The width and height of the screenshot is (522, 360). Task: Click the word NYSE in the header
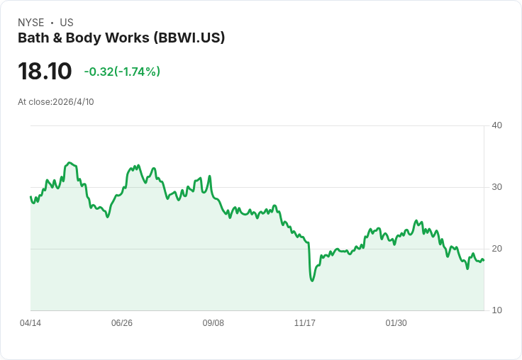(31, 23)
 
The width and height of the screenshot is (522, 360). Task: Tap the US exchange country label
(67, 23)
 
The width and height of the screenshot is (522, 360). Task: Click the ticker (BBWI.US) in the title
(189, 38)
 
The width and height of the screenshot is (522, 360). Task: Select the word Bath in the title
(33, 38)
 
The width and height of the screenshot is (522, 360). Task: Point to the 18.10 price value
(45, 71)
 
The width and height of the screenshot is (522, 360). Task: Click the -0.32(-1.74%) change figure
(122, 72)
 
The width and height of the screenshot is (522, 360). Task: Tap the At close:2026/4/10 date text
(56, 102)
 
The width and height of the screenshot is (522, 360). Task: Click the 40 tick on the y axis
(496, 125)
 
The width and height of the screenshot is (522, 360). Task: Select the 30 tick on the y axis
(496, 187)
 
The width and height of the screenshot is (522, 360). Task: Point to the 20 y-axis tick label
(496, 249)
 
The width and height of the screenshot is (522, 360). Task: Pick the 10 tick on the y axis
(496, 310)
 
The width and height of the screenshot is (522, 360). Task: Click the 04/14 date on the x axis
(30, 322)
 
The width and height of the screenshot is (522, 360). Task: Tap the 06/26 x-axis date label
(122, 322)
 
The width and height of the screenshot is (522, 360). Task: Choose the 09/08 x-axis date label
(213, 322)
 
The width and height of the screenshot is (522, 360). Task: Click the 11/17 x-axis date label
(304, 322)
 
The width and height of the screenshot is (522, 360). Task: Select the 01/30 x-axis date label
(396, 322)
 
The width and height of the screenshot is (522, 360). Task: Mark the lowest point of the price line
(312, 281)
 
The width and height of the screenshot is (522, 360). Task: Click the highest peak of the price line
(70, 163)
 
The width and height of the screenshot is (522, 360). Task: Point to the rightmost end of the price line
(484, 260)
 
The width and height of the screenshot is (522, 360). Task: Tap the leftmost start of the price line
(30, 196)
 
